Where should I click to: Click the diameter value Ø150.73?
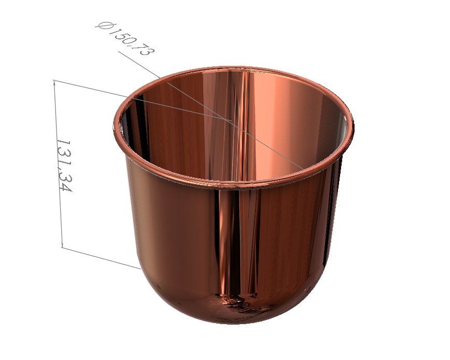pyautogui.click(x=125, y=39)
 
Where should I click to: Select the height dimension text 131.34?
pyautogui.click(x=64, y=165)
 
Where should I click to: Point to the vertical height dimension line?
pyautogui.click(x=58, y=163)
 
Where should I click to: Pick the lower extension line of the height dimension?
pyautogui.click(x=101, y=258)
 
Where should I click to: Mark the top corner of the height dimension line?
pyautogui.click(x=54, y=80)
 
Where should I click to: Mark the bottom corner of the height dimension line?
pyautogui.click(x=62, y=247)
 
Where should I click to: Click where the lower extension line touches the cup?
pyautogui.click(x=140, y=269)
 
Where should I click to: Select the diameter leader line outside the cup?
pyautogui.click(x=139, y=65)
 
